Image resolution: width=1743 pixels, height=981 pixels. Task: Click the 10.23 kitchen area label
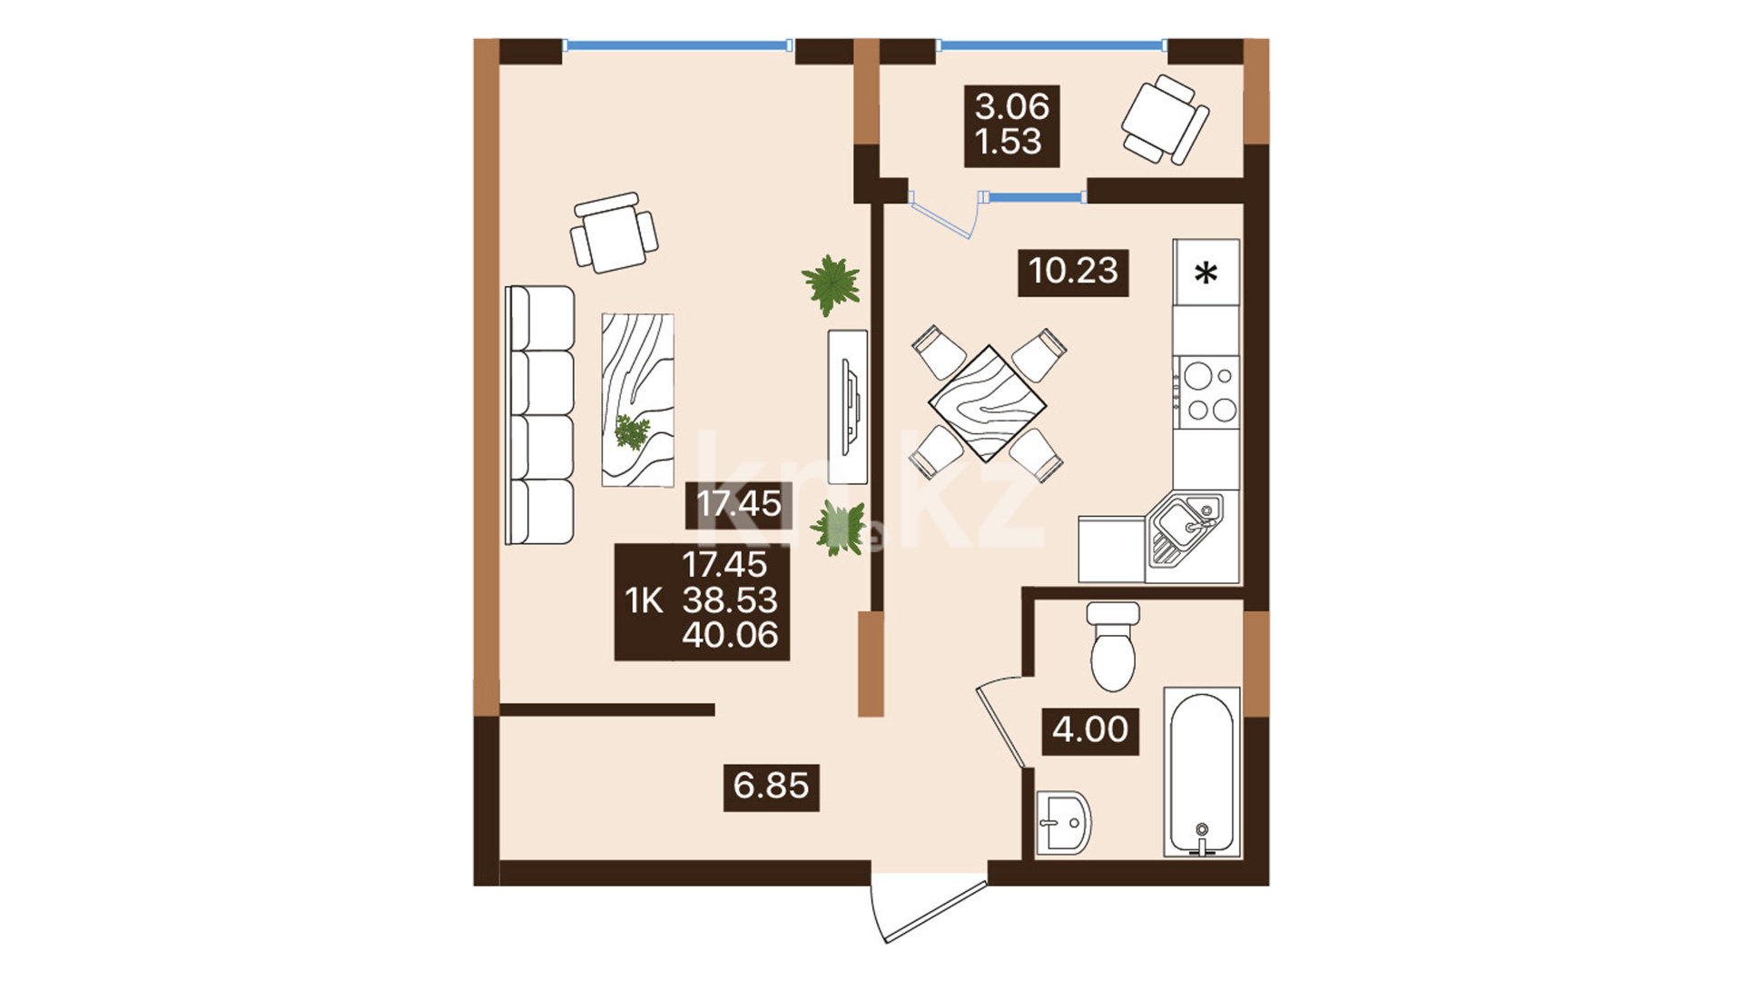[x=1073, y=272]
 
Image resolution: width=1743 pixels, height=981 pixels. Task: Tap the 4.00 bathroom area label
[x=1089, y=730]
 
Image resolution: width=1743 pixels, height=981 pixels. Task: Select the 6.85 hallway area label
[x=771, y=787]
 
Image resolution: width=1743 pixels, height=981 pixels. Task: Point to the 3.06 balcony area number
[x=1011, y=107]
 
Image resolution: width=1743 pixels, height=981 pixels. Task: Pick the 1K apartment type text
[x=644, y=601]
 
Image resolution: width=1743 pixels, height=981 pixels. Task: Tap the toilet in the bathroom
[x=1113, y=646]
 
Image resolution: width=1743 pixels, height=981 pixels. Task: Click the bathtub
[x=1202, y=772]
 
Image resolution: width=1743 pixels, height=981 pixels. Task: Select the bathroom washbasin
[x=1064, y=823]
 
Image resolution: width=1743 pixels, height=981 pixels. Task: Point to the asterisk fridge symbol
[x=1206, y=272]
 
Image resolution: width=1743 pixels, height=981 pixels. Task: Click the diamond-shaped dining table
[x=988, y=403]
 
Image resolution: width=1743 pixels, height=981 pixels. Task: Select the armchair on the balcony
[x=1165, y=120]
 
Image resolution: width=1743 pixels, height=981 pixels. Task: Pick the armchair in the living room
[x=614, y=233]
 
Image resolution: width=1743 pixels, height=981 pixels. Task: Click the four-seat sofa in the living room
[x=540, y=415]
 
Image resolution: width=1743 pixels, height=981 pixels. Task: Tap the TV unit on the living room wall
[x=848, y=406]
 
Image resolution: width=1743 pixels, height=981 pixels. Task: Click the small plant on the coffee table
[x=632, y=431]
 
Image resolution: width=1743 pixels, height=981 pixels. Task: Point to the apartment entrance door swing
[x=928, y=908]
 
